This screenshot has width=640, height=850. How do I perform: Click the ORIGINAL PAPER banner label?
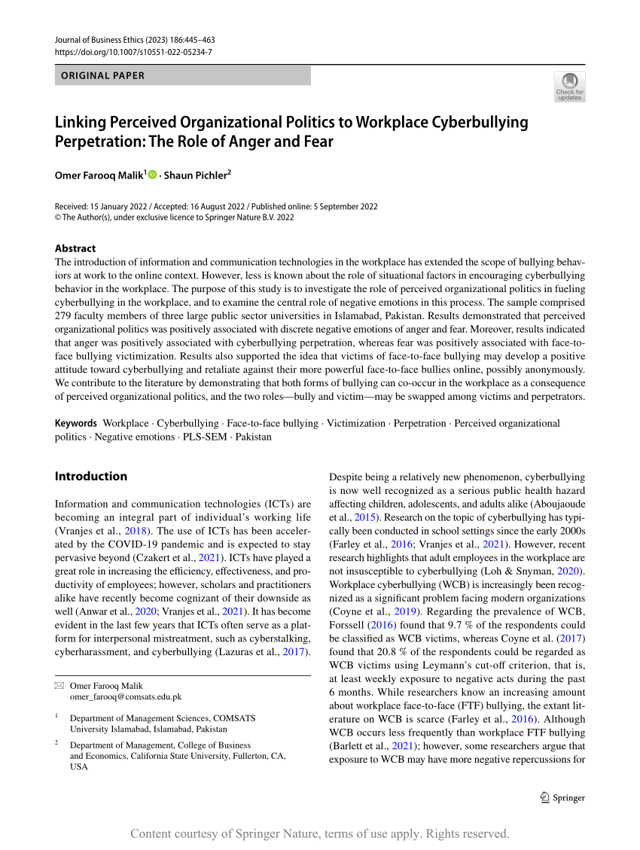[x=103, y=75]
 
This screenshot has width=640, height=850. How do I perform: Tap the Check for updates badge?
[x=569, y=87]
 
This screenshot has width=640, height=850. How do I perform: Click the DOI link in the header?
[x=134, y=52]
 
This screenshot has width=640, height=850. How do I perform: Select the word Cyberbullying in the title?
[x=479, y=122]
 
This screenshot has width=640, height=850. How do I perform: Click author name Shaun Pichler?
[x=196, y=175]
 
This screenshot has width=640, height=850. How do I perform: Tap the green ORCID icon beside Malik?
[x=153, y=175]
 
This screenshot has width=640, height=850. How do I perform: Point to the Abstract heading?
[x=75, y=248]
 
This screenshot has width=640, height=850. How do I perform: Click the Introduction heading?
[x=91, y=476]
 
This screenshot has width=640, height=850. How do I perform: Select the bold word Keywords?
[x=76, y=423]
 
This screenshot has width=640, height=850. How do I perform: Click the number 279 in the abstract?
[x=64, y=315]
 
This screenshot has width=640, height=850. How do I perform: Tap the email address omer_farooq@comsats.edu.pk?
[x=126, y=697]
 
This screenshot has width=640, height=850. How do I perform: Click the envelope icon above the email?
[x=59, y=686]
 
